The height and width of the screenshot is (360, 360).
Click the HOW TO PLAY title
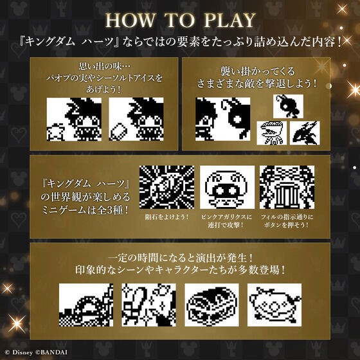pyautogui.click(x=180, y=21)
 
